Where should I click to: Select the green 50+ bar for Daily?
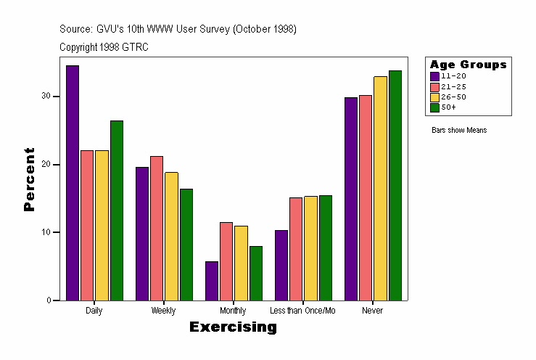tap(116, 210)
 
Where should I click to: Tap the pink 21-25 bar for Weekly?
tap(157, 228)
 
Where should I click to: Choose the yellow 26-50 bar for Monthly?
tap(241, 263)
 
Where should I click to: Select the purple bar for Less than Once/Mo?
tap(281, 265)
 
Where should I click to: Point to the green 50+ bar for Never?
tap(395, 185)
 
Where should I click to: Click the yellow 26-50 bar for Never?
tap(380, 188)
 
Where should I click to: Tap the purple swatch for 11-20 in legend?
tap(434, 76)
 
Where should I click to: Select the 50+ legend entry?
tap(449, 107)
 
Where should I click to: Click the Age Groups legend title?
tap(468, 65)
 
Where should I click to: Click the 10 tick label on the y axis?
tap(45, 232)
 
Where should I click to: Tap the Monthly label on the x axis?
tap(233, 311)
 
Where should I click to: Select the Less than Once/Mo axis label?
tap(302, 311)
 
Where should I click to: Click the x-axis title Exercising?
tap(233, 327)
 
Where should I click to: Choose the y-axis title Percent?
tap(29, 179)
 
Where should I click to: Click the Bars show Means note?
tap(459, 131)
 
